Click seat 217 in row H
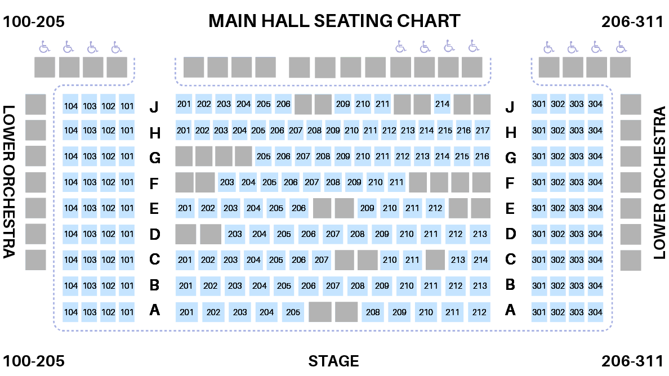coord(483,131)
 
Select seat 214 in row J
coord(442,104)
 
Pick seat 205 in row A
coord(293,312)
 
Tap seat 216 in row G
coord(481,156)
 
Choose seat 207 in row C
coord(322,260)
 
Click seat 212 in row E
coord(435,208)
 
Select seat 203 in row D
coord(235,234)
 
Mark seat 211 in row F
coord(396,182)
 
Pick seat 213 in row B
coord(480,286)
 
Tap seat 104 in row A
coord(71,312)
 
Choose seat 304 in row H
coord(595,131)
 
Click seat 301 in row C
coord(539,260)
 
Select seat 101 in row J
coord(127,106)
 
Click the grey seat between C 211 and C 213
coord(435,260)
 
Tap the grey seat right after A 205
coord(320,312)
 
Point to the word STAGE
coord(333,361)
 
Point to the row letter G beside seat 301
coord(510,158)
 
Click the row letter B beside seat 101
coord(154,285)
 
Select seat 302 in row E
coord(557,208)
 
